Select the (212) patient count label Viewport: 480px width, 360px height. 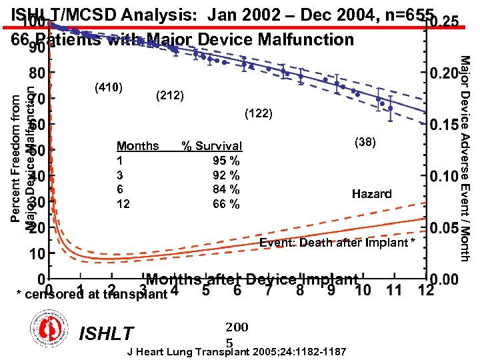click(x=169, y=95)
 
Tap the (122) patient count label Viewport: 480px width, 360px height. click(x=259, y=113)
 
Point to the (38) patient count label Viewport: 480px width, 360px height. click(x=365, y=141)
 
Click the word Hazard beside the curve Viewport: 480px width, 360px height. click(x=371, y=194)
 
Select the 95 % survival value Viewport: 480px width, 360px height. click(x=226, y=161)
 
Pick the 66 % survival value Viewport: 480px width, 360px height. click(x=226, y=204)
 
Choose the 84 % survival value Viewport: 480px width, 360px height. click(x=226, y=190)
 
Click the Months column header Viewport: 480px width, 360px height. click(x=137, y=146)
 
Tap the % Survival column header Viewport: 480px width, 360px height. click(x=212, y=146)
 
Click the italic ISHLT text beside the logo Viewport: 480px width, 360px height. click(x=106, y=333)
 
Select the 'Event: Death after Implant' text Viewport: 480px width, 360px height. click(x=337, y=242)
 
